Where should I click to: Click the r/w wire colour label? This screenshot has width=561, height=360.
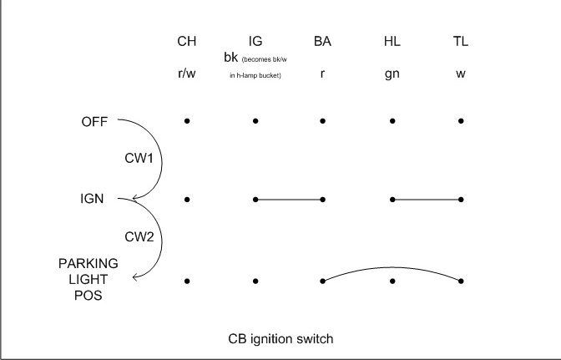point(187,74)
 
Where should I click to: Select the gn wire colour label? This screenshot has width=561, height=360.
point(392,74)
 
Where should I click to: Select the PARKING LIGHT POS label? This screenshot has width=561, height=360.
point(88,279)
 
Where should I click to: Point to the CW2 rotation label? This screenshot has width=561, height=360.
point(139,236)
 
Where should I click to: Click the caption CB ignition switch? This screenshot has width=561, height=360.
point(280,338)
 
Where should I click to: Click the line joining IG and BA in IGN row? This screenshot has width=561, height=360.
point(289,200)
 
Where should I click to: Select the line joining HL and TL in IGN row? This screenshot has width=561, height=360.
point(426,200)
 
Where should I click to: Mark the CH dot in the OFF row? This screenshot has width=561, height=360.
point(187,120)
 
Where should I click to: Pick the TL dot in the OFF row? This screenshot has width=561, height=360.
point(461,120)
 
